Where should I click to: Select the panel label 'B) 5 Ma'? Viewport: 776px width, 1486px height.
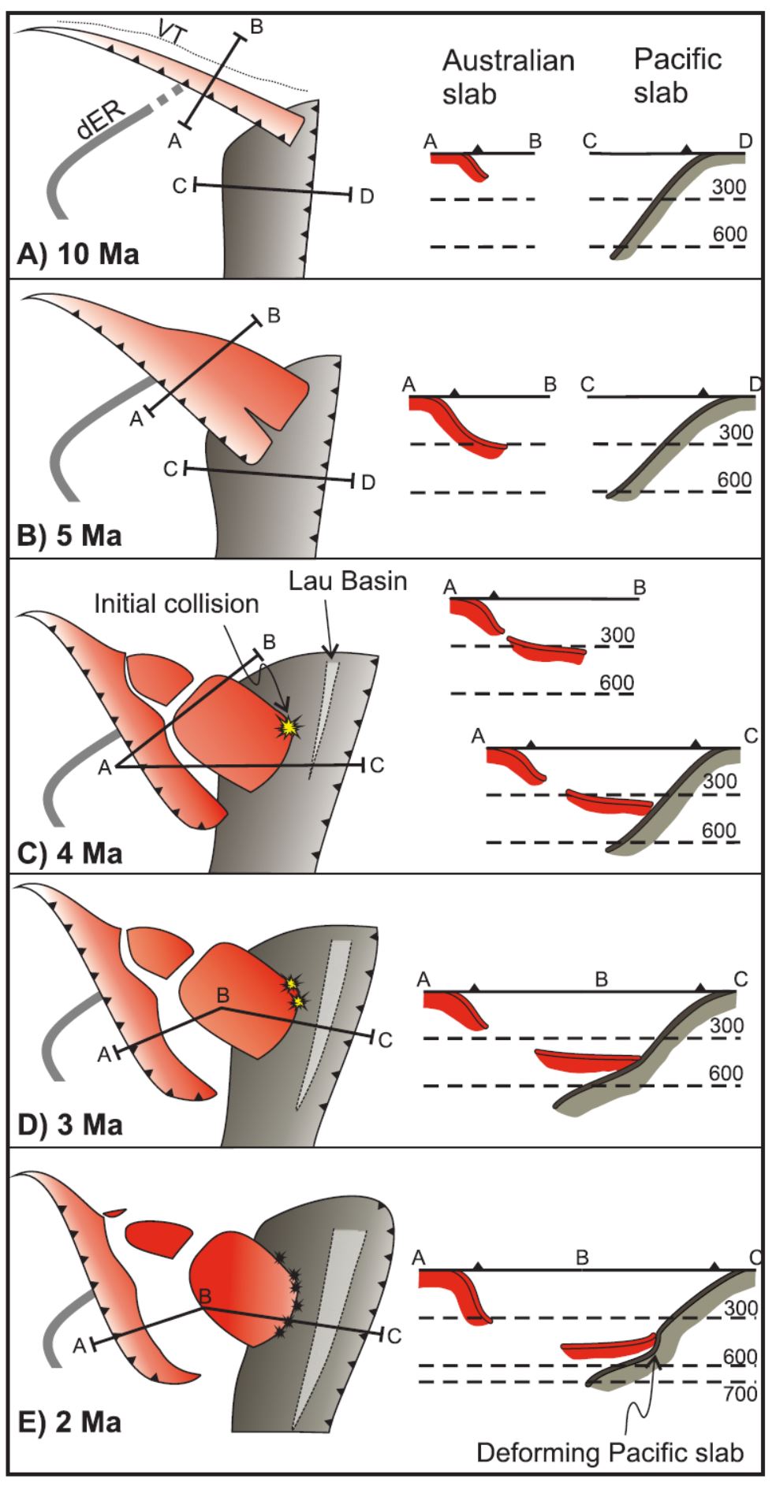[x=70, y=535]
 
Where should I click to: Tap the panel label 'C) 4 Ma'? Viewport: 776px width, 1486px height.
[x=70, y=854]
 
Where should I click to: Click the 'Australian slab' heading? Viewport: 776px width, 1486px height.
[x=508, y=76]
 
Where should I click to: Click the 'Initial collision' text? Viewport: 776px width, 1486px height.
[x=177, y=604]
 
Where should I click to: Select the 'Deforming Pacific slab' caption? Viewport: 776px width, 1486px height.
[x=610, y=1452]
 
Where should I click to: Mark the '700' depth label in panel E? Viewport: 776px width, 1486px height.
[x=741, y=1394]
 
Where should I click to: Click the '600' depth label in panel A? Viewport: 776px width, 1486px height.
[x=729, y=234]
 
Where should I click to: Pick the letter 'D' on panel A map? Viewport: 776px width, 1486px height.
[x=366, y=196]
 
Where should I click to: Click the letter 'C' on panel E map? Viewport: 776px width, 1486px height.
[x=394, y=1336]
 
